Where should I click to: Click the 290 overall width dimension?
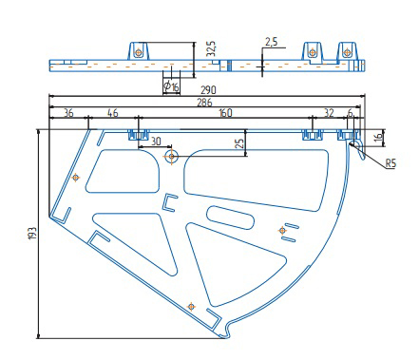tap(208, 90)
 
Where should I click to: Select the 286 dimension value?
tap(204, 103)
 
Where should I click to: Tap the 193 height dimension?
tap(33, 234)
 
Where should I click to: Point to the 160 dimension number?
tap(225, 113)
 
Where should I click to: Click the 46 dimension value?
tap(113, 113)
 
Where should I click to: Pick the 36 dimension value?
tap(68, 113)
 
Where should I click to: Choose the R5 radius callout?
tap(390, 163)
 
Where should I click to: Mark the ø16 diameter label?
tap(171, 86)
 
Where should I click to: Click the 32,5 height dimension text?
tap(211, 48)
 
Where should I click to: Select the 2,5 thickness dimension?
tap(271, 42)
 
